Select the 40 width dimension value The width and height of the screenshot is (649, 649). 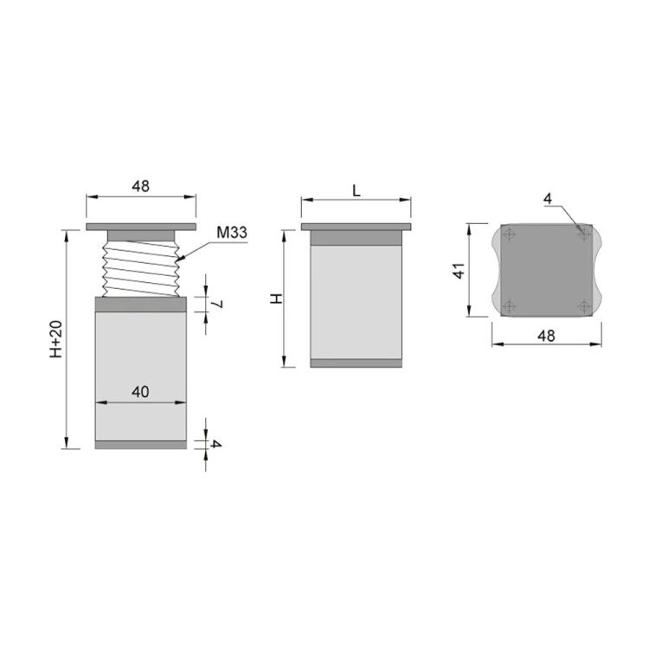[140, 391]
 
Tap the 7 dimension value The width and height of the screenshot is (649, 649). [218, 304]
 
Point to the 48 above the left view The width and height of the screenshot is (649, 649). [140, 186]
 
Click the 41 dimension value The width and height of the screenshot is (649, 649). [459, 270]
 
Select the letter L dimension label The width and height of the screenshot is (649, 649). [357, 191]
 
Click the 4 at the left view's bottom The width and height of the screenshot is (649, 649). [216, 444]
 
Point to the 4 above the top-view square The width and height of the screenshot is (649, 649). [547, 198]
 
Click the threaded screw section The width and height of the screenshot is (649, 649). [141, 269]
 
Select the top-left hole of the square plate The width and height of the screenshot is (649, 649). [510, 234]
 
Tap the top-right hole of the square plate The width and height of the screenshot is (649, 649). [584, 234]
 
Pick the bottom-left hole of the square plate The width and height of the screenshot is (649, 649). [510, 305]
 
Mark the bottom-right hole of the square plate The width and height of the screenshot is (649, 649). [584, 305]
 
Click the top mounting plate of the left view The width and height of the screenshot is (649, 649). [140, 228]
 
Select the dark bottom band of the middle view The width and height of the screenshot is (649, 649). [357, 363]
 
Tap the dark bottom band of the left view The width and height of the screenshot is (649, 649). [140, 445]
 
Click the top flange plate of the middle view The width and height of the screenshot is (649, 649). [356, 228]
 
